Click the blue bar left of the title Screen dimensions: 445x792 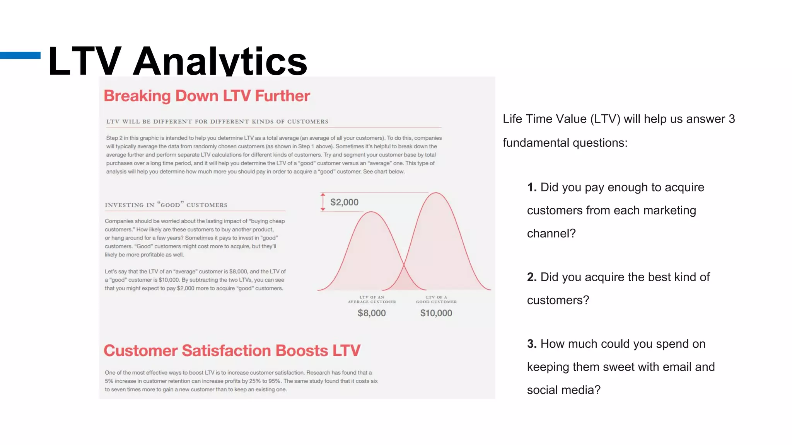pos(20,55)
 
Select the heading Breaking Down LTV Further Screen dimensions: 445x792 pos(207,96)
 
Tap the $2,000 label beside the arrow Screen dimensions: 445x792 pos(344,202)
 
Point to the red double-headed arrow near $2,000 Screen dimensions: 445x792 pos(323,202)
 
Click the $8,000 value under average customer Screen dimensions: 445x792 pos(372,313)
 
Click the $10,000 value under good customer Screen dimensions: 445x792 pos(436,313)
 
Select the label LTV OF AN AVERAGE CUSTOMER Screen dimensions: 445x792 pos(372,299)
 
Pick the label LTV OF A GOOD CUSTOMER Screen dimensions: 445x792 pos(436,299)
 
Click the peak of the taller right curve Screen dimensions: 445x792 pos(436,193)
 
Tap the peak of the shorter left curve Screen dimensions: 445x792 pos(371,212)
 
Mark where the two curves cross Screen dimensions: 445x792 pos(404,265)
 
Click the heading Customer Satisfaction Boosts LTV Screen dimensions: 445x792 pos(232,351)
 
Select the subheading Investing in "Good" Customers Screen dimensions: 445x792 pos(166,205)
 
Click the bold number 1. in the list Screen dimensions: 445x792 pos(532,187)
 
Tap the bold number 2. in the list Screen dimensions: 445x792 pos(532,277)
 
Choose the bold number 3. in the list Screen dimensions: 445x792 pos(532,344)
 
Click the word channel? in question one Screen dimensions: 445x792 pos(551,233)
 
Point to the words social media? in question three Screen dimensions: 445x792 pos(563,390)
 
